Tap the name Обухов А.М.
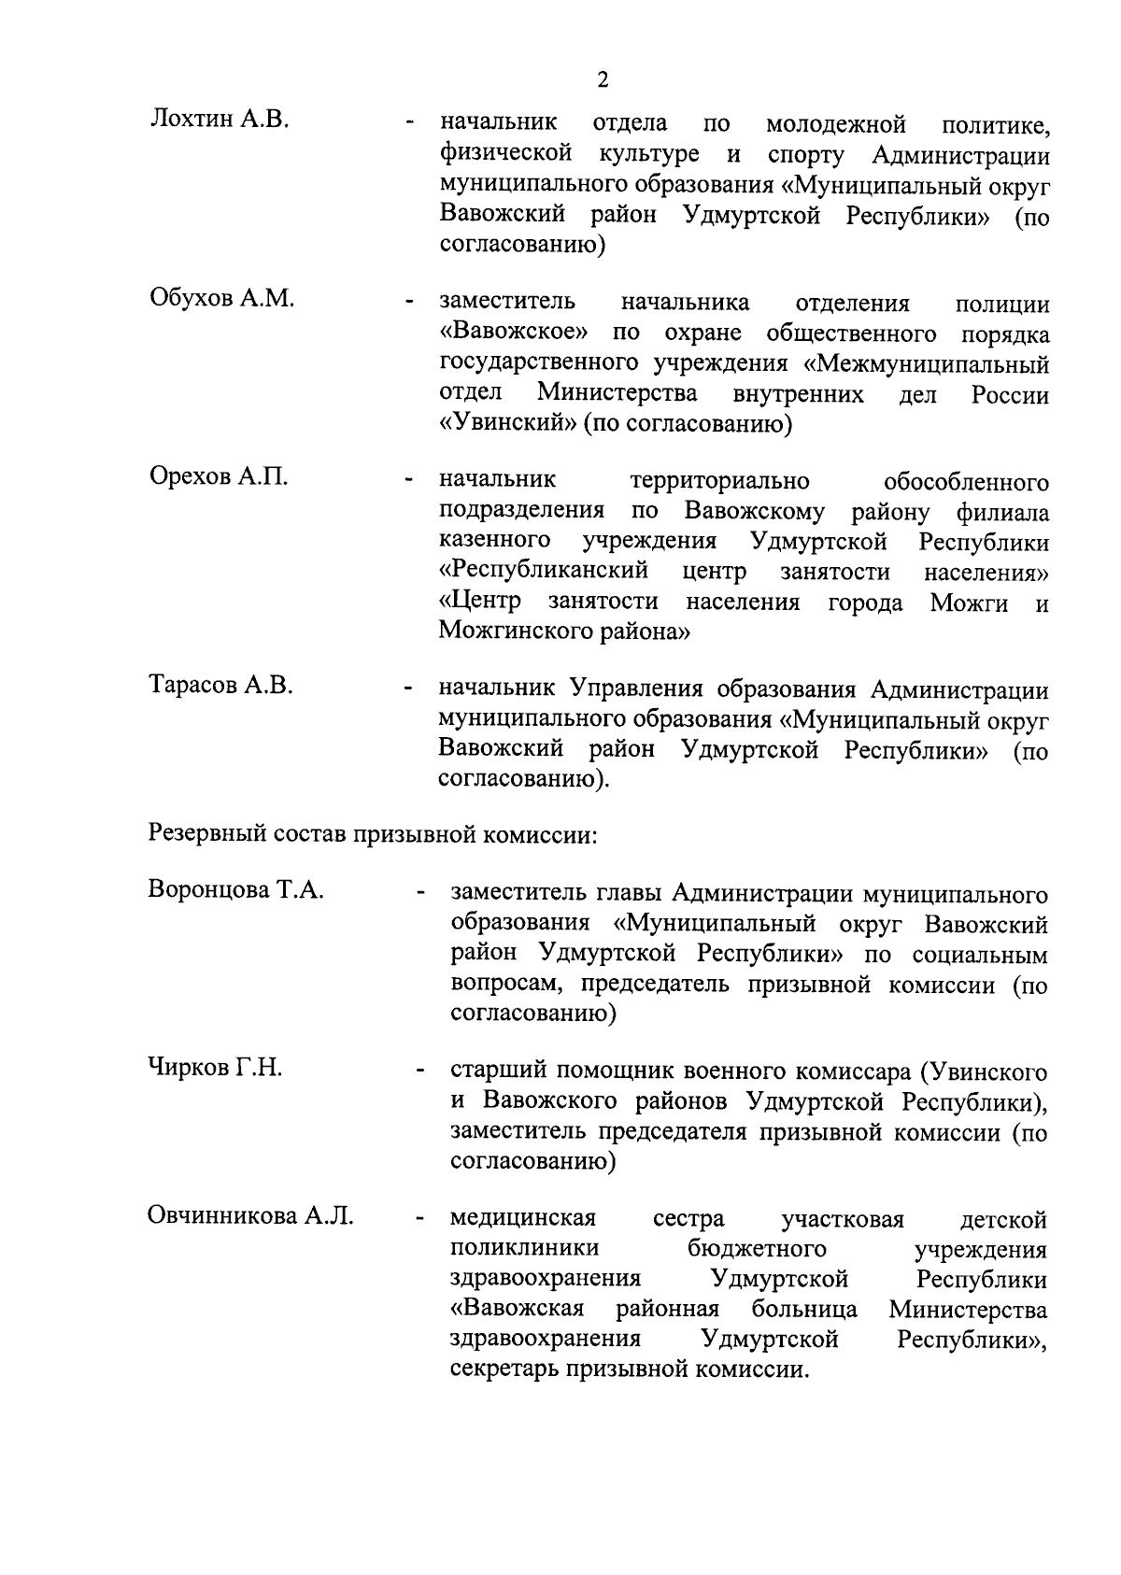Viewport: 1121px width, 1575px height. [222, 299]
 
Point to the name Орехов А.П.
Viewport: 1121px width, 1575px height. [219, 477]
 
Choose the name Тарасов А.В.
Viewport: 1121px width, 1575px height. [221, 686]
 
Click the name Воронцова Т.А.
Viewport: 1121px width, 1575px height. [236, 889]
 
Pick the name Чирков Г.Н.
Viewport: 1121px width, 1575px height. [215, 1068]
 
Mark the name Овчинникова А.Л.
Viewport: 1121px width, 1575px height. [251, 1216]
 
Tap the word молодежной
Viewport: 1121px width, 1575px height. [836, 123]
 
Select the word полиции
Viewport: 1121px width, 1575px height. [1002, 305]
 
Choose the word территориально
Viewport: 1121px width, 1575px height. [720, 482]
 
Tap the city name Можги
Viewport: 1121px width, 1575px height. [969, 603]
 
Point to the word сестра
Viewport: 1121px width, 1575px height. [688, 1219]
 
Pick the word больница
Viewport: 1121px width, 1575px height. [804, 1309]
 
